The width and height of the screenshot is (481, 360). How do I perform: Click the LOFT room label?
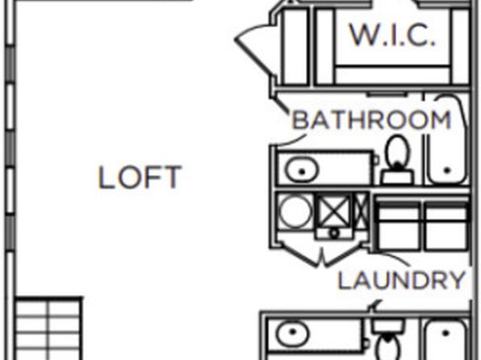(x=140, y=177)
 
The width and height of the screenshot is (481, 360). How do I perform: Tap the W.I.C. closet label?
(x=393, y=35)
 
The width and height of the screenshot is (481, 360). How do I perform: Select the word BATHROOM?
(x=371, y=120)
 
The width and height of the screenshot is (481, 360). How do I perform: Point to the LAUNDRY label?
(x=401, y=280)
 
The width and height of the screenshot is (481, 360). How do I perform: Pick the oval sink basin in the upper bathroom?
(x=302, y=170)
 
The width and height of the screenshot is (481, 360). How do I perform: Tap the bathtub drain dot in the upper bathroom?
(x=447, y=170)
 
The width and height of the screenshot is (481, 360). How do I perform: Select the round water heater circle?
(x=295, y=212)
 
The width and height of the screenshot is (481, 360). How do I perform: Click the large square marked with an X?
(x=333, y=211)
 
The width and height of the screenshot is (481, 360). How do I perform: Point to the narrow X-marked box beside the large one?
(x=361, y=211)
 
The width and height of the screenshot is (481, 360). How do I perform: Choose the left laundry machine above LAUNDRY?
(x=399, y=226)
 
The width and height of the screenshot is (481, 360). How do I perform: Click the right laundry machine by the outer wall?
(x=446, y=226)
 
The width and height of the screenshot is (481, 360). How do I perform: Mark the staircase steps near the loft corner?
(x=48, y=329)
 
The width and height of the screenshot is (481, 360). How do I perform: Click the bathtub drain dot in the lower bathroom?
(x=445, y=333)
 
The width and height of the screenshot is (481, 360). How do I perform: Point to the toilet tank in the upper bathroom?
(x=397, y=178)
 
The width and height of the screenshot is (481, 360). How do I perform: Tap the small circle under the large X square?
(x=334, y=233)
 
